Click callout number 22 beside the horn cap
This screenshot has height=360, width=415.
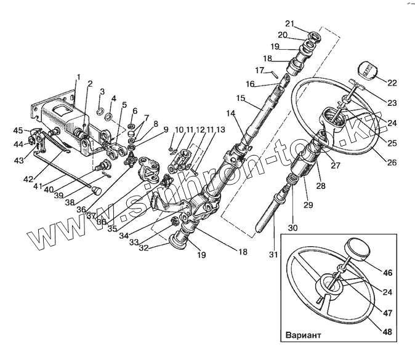391,82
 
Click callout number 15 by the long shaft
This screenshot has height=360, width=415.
240,98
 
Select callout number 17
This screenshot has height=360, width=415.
260,70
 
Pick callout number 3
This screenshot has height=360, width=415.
102,92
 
